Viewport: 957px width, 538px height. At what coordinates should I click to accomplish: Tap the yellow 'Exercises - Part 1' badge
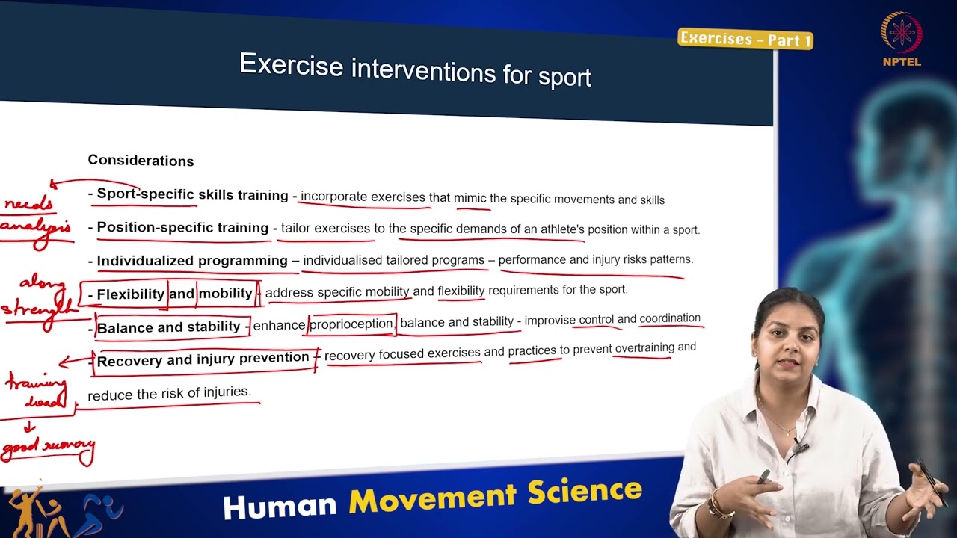click(745, 39)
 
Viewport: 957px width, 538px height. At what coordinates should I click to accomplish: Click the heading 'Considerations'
click(141, 161)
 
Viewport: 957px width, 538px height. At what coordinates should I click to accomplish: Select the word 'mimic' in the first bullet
click(470, 199)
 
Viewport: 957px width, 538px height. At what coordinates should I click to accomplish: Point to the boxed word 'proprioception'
click(351, 324)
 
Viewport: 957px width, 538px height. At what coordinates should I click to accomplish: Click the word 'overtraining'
click(644, 348)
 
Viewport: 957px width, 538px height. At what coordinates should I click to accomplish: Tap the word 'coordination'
click(669, 319)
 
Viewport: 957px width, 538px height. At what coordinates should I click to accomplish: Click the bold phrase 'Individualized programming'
click(192, 261)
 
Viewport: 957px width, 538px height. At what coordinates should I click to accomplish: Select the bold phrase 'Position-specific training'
click(182, 228)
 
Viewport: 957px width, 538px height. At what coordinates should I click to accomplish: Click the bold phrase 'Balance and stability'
click(169, 327)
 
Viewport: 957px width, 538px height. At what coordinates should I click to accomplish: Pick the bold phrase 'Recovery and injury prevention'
click(203, 359)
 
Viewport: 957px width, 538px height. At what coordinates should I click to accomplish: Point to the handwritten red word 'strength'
click(37, 308)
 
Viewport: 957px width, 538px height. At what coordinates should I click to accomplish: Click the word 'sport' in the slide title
click(564, 76)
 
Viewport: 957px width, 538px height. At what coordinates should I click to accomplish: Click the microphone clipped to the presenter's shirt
click(799, 448)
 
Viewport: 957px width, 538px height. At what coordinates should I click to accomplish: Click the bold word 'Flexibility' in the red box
click(130, 294)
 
